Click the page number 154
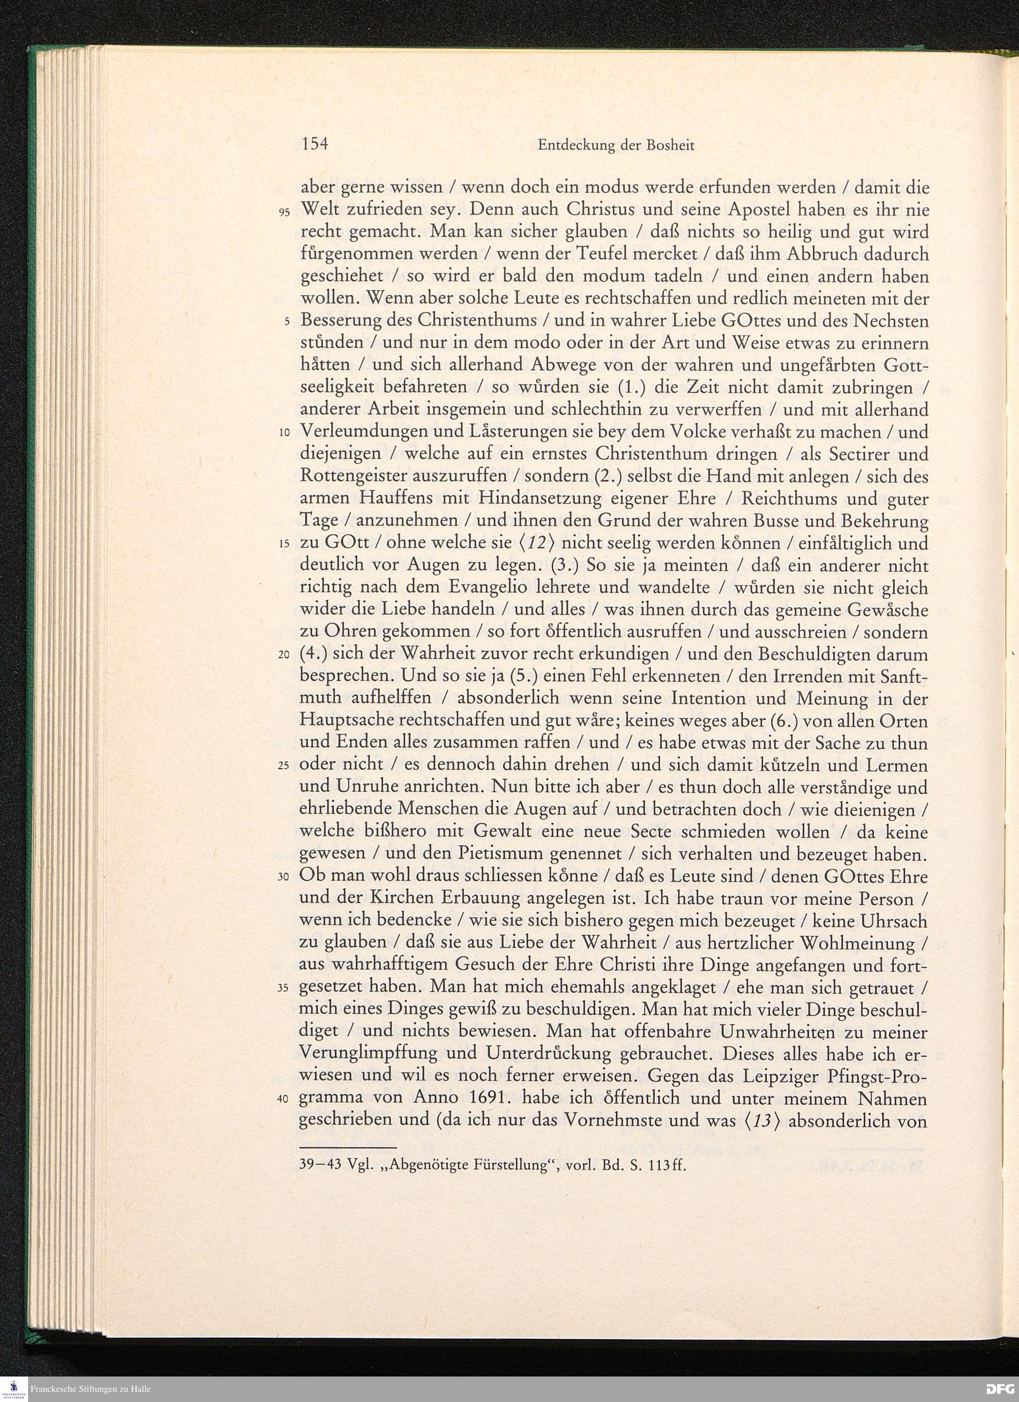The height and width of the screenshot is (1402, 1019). (x=314, y=145)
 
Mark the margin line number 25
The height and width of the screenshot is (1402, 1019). (x=284, y=766)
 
